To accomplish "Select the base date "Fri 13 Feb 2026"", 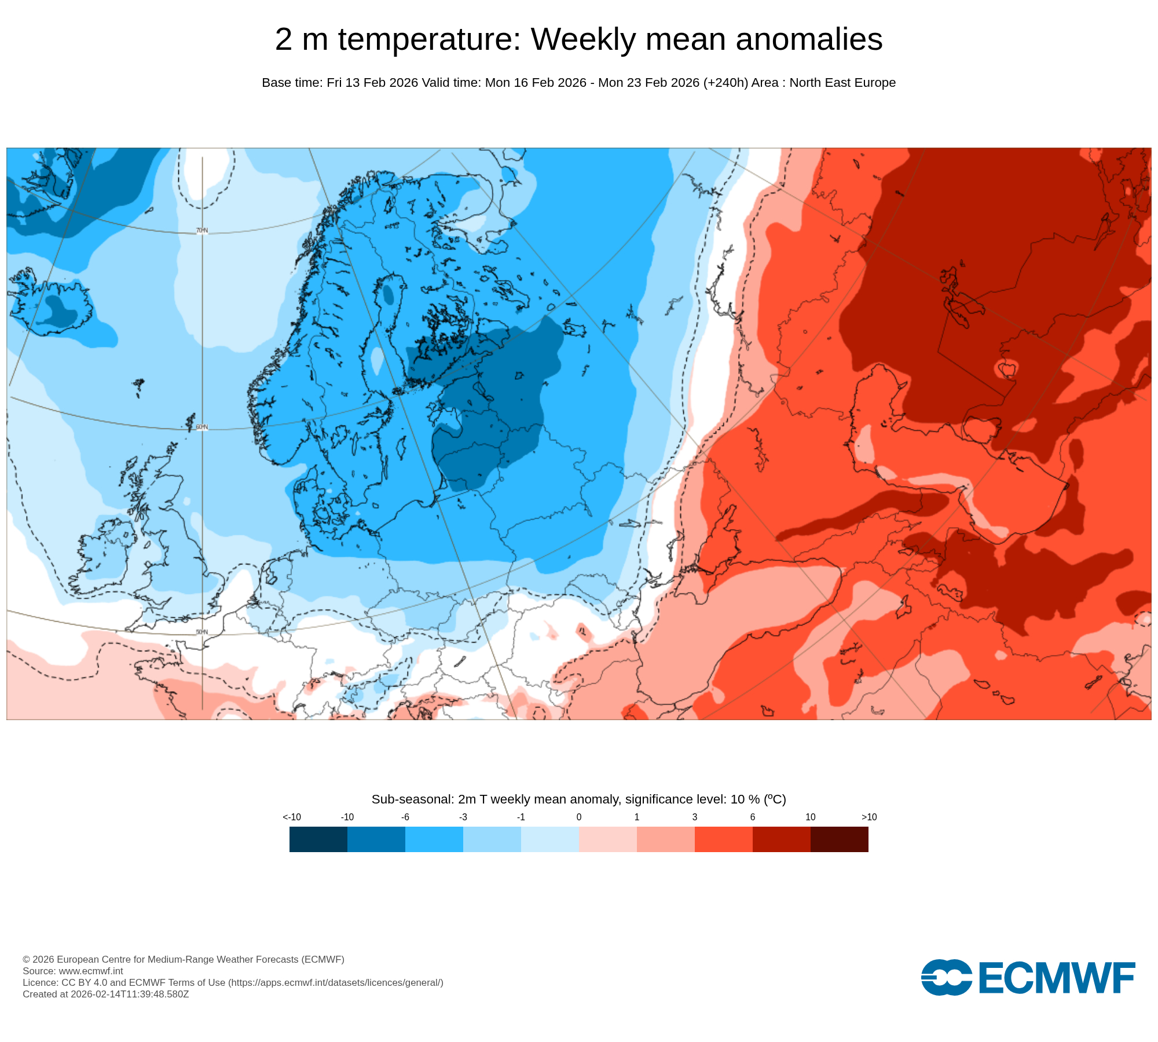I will (372, 83).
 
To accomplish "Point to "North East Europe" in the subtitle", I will (842, 83).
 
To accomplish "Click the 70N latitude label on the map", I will (201, 230).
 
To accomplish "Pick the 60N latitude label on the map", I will (201, 427).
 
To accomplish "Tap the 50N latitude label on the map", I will (201, 632).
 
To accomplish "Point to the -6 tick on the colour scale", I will (405, 817).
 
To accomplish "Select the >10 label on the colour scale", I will (869, 817).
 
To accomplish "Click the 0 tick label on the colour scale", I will (579, 817).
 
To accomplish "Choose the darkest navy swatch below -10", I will (318, 839).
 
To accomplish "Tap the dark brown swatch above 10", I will (840, 839).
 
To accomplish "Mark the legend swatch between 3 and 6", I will (724, 839).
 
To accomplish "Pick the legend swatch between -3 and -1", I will (492, 839).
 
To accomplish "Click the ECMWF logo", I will (1028, 978).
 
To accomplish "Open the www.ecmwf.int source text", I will (91, 971).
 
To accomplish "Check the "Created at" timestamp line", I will (106, 994).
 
